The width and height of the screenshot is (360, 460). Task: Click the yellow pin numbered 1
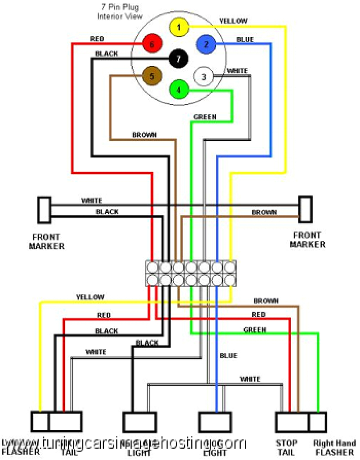click(179, 27)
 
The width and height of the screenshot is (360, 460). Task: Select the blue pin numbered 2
click(206, 44)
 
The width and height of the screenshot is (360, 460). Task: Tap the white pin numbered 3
click(203, 77)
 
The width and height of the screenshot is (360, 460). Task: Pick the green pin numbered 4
click(179, 89)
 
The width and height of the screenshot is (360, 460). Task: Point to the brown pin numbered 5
click(152, 76)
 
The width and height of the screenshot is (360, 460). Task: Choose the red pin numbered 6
click(152, 44)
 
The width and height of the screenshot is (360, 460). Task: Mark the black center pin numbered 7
click(178, 59)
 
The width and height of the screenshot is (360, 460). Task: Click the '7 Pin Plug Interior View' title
click(120, 12)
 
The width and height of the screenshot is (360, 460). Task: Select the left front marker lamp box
click(44, 210)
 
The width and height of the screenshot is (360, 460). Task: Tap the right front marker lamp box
click(306, 209)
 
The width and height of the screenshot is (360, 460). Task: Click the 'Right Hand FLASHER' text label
click(335, 447)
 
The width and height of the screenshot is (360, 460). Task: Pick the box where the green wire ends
click(318, 422)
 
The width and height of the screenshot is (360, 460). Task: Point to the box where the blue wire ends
click(215, 422)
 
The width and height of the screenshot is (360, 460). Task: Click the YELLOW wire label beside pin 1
click(233, 21)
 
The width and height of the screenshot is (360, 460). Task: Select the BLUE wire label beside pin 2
click(245, 40)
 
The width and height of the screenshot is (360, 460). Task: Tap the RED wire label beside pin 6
click(97, 39)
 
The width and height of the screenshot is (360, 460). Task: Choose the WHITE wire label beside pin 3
click(237, 71)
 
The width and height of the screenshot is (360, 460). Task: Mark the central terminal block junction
click(191, 274)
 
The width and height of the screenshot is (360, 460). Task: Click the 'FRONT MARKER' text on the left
click(46, 241)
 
